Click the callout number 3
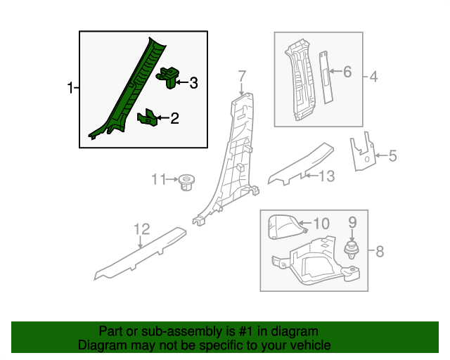click(x=194, y=83)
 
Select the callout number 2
click(x=175, y=118)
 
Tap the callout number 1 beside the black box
click(x=70, y=88)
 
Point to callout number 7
click(x=242, y=76)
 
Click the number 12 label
click(x=142, y=229)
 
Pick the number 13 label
click(x=326, y=176)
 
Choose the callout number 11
click(x=159, y=179)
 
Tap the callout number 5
click(x=392, y=155)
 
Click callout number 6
click(x=347, y=72)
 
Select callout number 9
click(x=352, y=222)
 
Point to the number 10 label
click(x=321, y=224)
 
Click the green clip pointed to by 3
click(x=167, y=77)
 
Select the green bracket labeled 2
click(x=148, y=117)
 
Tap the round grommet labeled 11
click(x=186, y=183)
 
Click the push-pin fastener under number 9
click(x=352, y=250)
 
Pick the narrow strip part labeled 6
click(x=326, y=77)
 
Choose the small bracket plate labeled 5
click(x=363, y=152)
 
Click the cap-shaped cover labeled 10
click(x=286, y=227)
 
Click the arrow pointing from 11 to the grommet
click(x=172, y=179)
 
